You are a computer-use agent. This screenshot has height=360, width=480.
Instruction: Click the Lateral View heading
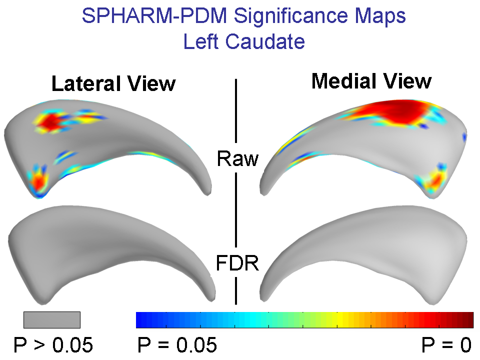coord(113,83)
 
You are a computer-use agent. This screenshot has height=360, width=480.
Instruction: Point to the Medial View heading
coord(371,81)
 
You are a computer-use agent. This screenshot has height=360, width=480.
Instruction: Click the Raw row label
coord(237,159)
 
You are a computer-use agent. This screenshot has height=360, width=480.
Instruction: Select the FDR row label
coord(237,263)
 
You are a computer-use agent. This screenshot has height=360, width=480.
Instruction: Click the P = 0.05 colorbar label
coord(176,345)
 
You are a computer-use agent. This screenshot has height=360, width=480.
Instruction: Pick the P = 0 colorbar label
coord(446,345)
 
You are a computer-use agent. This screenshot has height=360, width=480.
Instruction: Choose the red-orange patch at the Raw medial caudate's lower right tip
coord(436,179)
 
